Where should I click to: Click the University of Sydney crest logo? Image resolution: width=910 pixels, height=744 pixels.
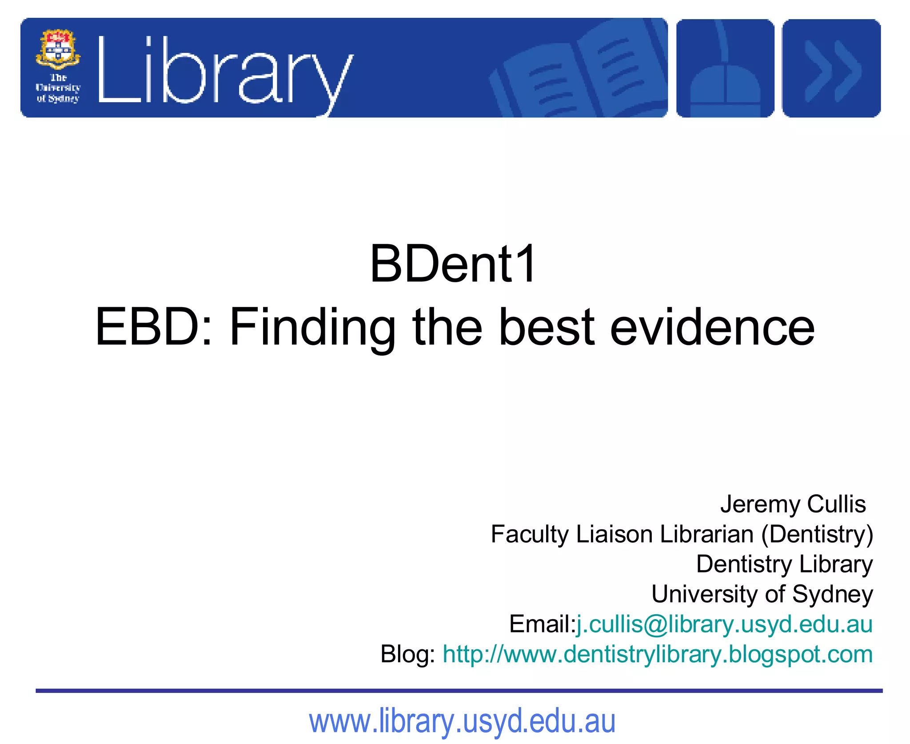(x=58, y=50)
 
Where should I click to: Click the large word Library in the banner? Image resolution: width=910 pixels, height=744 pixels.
(x=224, y=71)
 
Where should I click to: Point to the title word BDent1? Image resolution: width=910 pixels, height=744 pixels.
(x=453, y=264)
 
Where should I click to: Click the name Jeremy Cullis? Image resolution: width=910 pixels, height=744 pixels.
(x=793, y=504)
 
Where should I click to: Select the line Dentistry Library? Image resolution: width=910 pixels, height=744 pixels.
(x=784, y=564)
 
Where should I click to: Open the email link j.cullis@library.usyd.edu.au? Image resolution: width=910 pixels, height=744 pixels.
(x=724, y=624)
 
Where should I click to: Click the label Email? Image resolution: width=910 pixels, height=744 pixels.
(x=542, y=624)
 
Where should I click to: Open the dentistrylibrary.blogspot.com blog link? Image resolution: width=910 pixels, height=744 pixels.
(x=658, y=654)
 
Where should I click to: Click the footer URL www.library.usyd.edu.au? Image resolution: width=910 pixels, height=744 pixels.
(x=462, y=721)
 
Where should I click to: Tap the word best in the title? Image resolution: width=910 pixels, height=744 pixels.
(x=547, y=327)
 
